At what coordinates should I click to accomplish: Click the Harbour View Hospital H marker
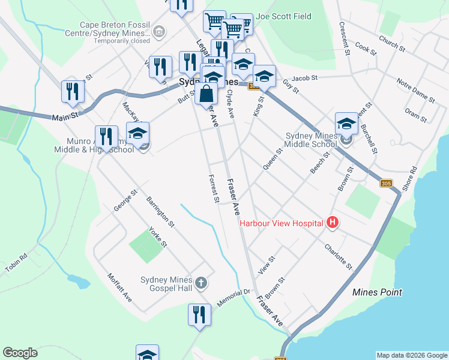coord(333,223)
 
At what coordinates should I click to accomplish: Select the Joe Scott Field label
coord(283,17)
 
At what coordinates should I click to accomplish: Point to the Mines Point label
coord(377,292)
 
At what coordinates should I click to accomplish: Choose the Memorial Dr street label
coord(233,298)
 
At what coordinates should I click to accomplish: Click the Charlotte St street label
coord(338,256)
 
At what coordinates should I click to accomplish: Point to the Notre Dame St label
coord(415,88)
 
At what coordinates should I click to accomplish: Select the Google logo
coord(20,353)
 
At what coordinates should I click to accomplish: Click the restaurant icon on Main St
coord(73,91)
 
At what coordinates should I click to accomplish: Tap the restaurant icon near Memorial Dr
coord(199,314)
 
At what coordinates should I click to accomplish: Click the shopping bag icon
coord(206,94)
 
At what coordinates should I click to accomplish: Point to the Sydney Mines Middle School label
coord(312,140)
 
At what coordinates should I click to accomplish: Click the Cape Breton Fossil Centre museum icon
coord(159,31)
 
